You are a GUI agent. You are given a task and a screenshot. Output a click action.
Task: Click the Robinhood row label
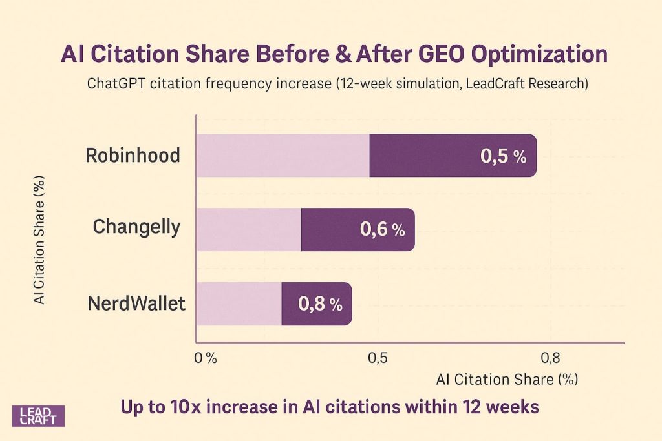point(133,156)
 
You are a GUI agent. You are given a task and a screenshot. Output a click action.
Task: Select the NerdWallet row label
point(136,303)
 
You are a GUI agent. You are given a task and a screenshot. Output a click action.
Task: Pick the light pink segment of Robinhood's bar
point(283,156)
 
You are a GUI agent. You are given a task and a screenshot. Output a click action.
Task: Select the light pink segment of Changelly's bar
point(248,229)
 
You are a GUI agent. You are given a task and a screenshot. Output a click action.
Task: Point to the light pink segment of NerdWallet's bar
point(239,303)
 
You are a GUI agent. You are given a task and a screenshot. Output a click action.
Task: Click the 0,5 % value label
point(503,156)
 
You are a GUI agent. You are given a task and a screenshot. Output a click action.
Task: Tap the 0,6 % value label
point(381,229)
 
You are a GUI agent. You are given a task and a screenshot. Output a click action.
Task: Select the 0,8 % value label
point(320,304)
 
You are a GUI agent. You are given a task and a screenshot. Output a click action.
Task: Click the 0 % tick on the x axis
point(206,359)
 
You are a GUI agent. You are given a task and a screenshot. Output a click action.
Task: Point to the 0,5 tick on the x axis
point(378,359)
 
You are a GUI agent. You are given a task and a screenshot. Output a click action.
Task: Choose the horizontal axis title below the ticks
point(506,380)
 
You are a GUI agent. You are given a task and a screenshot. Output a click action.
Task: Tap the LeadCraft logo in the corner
point(39,416)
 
